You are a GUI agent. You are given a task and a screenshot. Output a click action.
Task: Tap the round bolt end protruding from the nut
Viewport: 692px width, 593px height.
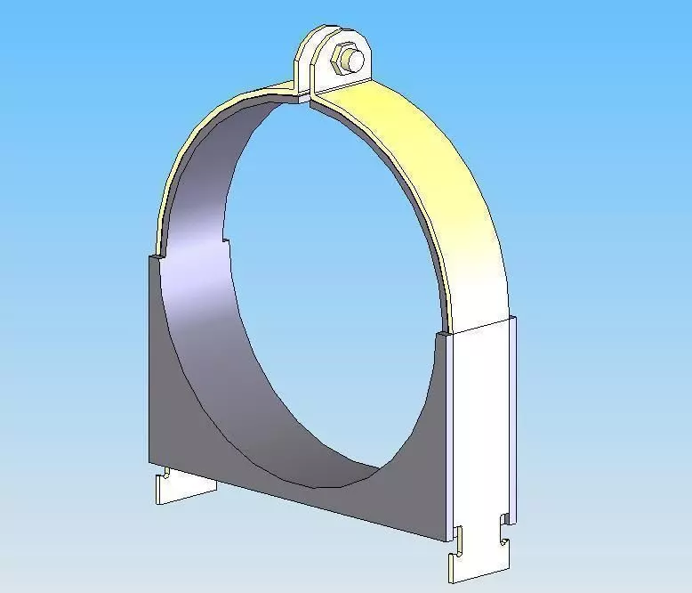coord(354,61)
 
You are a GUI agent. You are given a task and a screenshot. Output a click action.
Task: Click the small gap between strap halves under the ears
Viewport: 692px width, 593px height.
coord(307,99)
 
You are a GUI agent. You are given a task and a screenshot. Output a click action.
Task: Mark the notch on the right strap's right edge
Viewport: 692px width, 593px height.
coord(504,518)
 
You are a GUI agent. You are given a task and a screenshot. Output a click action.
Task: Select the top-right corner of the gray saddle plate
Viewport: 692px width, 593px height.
coord(440,335)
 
